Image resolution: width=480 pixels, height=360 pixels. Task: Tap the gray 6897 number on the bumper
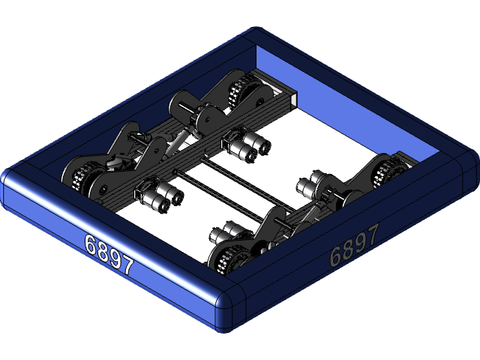tap(354, 244)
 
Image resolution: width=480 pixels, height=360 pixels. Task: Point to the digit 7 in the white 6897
tap(127, 265)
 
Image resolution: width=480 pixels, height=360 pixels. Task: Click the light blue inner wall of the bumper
tap(360, 97)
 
